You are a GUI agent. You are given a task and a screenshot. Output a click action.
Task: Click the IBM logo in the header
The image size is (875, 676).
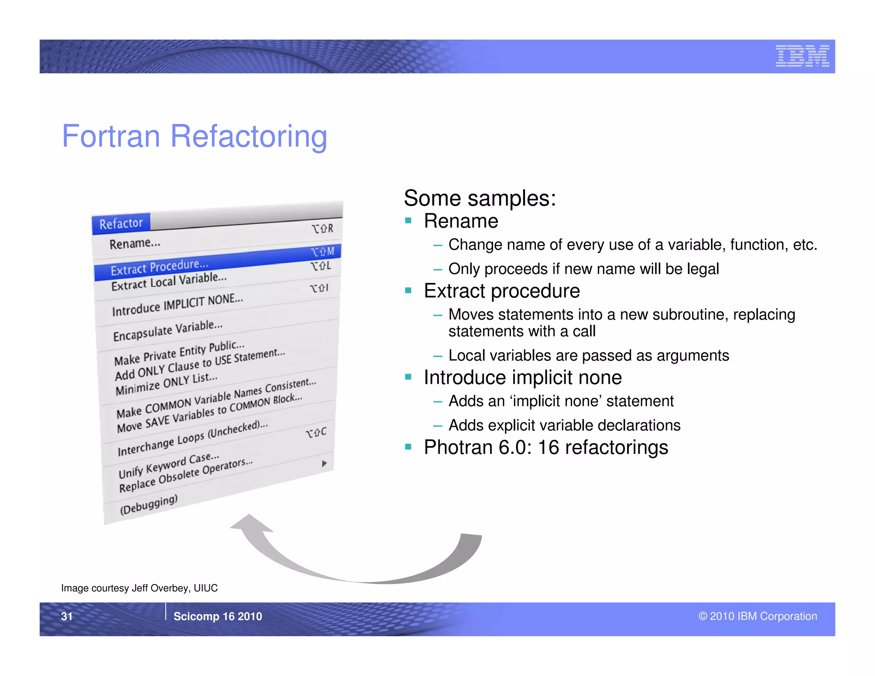pyautogui.click(x=802, y=56)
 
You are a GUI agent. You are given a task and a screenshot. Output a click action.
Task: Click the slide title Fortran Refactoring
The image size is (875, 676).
pyautogui.click(x=194, y=136)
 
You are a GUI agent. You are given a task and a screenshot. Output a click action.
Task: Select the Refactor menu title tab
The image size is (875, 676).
pyautogui.click(x=121, y=223)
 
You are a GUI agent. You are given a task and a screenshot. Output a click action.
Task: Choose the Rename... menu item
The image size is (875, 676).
pyautogui.click(x=135, y=244)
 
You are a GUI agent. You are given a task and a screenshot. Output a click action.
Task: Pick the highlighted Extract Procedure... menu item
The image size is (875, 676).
pyautogui.click(x=159, y=267)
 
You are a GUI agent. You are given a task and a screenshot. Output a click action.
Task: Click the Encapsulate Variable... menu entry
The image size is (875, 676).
pyautogui.click(x=168, y=330)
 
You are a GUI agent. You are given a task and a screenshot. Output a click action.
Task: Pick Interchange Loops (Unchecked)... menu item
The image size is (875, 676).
pyautogui.click(x=193, y=438)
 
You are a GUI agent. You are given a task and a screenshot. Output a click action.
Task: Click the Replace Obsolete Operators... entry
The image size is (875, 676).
pyautogui.click(x=186, y=474)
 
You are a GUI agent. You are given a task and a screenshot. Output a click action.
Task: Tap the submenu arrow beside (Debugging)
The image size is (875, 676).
pyautogui.click(x=324, y=464)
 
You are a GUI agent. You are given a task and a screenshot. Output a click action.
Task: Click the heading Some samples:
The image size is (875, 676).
pyautogui.click(x=480, y=198)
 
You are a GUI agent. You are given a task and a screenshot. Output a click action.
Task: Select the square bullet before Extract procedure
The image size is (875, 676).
pyautogui.click(x=408, y=291)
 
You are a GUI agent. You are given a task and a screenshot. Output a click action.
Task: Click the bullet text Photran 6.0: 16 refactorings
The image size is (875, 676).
pyautogui.click(x=546, y=447)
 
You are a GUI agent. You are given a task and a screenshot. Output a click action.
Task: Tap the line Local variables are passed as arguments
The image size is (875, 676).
pyautogui.click(x=588, y=356)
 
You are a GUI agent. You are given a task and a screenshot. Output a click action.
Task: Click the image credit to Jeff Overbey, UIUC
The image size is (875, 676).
pyautogui.click(x=139, y=588)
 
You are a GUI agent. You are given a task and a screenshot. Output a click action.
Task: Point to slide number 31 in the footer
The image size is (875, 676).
pyautogui.click(x=67, y=616)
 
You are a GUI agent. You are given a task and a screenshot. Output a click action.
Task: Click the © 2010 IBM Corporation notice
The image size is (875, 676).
pyautogui.click(x=758, y=616)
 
